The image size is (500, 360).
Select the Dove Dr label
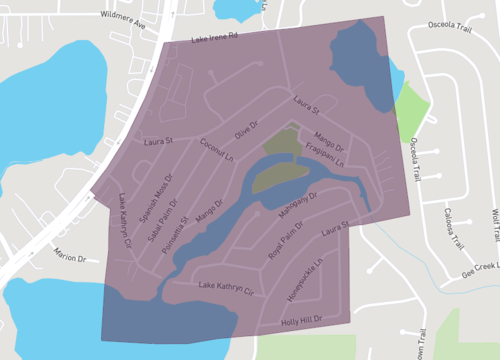(246, 131)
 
